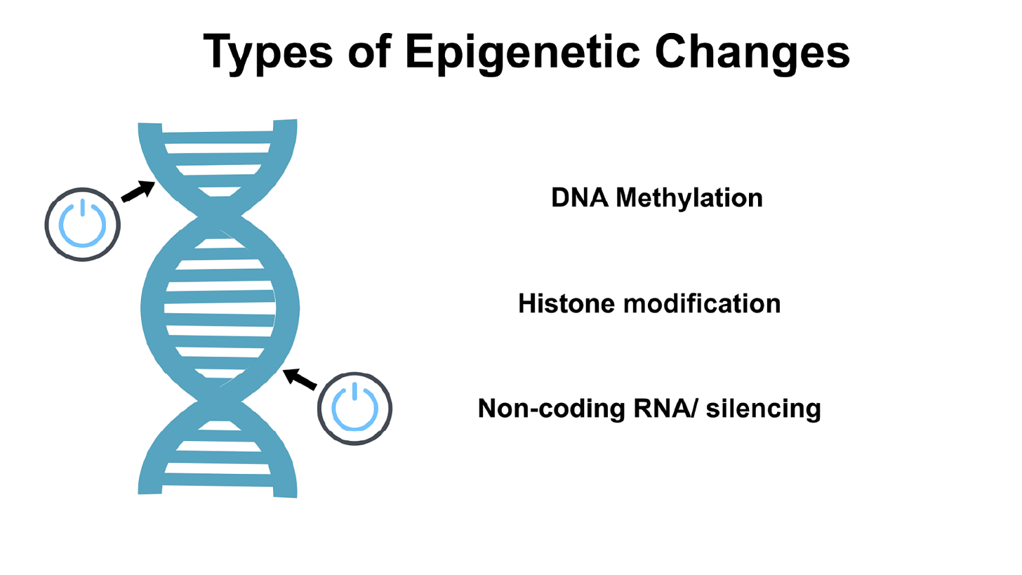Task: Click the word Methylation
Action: (689, 199)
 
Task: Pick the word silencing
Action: (763, 409)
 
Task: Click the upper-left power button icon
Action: (83, 224)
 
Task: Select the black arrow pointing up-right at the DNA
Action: (139, 190)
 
